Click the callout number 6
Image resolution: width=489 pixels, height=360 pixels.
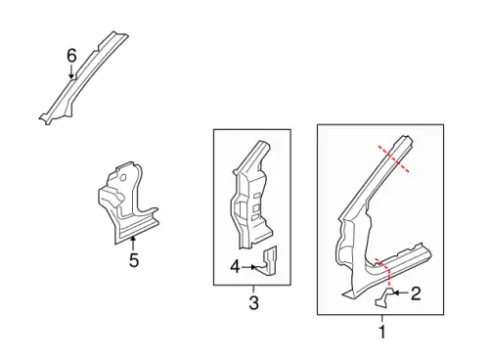tap(71, 56)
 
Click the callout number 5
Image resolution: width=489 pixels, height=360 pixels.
tap(134, 260)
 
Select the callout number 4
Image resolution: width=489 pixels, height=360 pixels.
tap(235, 267)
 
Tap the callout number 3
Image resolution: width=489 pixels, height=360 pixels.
tap(254, 302)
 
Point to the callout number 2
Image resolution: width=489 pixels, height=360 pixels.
tap(416, 293)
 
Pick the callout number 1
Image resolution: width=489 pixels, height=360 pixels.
tap(382, 332)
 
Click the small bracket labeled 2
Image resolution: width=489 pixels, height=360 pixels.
tap(383, 297)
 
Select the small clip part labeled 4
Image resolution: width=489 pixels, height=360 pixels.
tap(267, 261)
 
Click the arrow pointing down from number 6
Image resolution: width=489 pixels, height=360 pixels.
tap(71, 71)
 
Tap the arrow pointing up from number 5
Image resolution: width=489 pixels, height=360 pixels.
tap(133, 244)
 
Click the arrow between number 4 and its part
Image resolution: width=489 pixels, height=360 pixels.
tap(248, 267)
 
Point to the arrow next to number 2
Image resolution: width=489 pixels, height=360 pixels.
tap(401, 293)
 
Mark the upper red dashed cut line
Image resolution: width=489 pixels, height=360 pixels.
tap(393, 158)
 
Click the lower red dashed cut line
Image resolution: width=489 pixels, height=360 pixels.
tap(385, 272)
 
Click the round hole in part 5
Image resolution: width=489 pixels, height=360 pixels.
tap(123, 178)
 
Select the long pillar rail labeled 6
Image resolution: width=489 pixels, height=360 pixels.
tap(83, 78)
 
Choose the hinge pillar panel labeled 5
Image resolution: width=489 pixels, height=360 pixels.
tap(127, 202)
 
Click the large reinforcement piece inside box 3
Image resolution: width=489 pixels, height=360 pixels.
tap(251, 195)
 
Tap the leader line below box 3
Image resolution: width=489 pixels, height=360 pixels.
tap(253, 289)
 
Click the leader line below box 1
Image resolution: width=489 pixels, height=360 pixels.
tap(382, 319)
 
